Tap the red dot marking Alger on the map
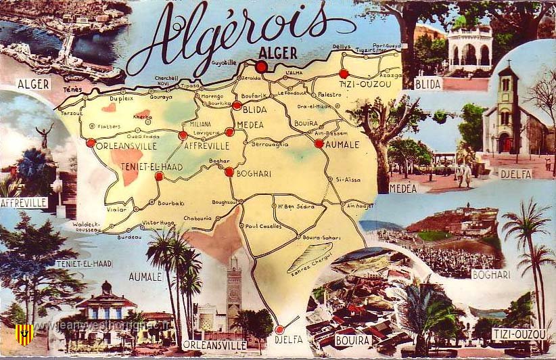261,67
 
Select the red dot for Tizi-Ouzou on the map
344,73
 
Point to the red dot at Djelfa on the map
279,330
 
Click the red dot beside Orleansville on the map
91,143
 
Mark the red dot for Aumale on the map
319,143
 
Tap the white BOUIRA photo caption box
353,340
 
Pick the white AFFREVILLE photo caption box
24,202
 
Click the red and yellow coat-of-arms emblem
24,334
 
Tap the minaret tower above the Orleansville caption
233,291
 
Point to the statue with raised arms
45,135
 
